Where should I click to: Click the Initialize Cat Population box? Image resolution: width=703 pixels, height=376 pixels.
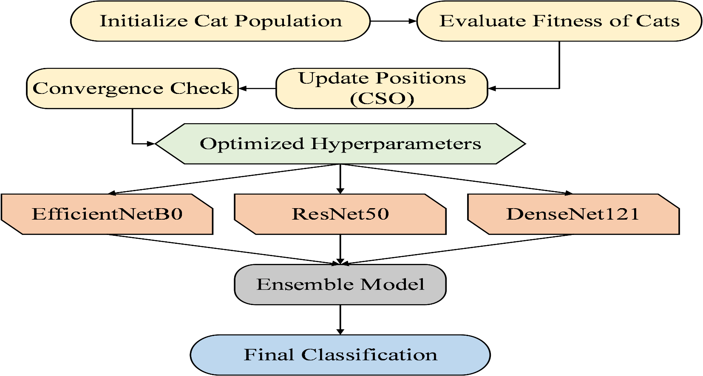pos(220,21)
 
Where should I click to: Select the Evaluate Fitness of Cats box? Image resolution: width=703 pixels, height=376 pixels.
pos(559,21)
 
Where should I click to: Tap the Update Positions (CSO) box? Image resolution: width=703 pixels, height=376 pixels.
pos(382,88)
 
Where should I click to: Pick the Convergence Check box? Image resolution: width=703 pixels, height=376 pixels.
pos(132,88)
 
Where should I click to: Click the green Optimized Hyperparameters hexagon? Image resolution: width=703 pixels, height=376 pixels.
pos(340,144)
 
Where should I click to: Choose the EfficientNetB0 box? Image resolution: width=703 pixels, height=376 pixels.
pos(107,214)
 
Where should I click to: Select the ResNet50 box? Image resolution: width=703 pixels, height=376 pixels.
pos(340,214)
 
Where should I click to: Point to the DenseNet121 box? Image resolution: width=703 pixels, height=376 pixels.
pos(573,214)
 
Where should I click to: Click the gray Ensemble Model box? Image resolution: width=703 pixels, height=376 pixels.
pos(340,285)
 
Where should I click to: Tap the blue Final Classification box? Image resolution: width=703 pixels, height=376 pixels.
pos(340,355)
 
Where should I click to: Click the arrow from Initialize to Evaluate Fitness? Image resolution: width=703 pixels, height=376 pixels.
pos(394,21)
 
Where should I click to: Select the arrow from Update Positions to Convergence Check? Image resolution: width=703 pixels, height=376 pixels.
pos(258,89)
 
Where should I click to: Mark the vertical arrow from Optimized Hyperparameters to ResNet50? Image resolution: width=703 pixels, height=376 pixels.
pos(340,179)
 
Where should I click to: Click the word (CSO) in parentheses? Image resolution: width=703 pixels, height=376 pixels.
pos(382,99)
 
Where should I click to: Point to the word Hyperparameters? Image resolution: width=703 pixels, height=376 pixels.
pos(396,144)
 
